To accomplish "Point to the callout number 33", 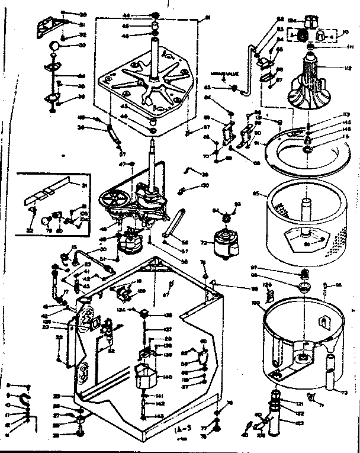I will pyautogui.click(x=83, y=45).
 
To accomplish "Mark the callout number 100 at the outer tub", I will pyautogui.click(x=256, y=303).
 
